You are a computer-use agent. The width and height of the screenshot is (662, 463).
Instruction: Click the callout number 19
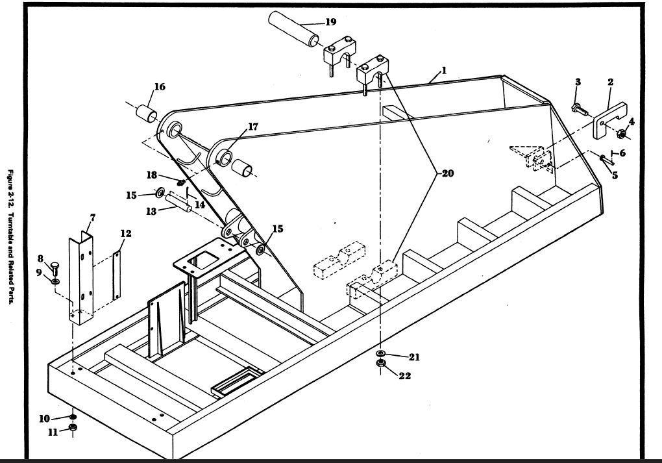330,22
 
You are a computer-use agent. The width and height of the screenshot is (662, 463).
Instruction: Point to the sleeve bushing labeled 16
147,113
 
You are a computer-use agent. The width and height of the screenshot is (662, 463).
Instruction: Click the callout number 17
253,127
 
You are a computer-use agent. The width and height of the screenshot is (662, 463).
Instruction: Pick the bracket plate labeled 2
610,120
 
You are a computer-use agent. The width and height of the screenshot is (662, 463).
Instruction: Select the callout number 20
448,173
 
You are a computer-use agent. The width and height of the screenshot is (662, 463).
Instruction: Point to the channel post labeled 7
81,278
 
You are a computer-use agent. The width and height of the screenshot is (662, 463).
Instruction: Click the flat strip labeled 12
117,275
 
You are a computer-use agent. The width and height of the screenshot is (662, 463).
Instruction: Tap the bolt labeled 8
55,268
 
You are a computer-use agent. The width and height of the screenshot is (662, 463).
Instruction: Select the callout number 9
39,273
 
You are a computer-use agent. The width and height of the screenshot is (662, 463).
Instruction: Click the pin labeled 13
178,203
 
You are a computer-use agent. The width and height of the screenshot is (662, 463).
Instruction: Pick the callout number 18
152,175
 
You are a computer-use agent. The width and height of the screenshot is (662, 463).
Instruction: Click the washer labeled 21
380,353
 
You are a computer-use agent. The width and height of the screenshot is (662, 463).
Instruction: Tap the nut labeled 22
380,363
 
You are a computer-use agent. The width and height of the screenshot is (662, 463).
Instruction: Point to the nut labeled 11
73,428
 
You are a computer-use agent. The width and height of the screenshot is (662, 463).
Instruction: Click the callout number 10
44,419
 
